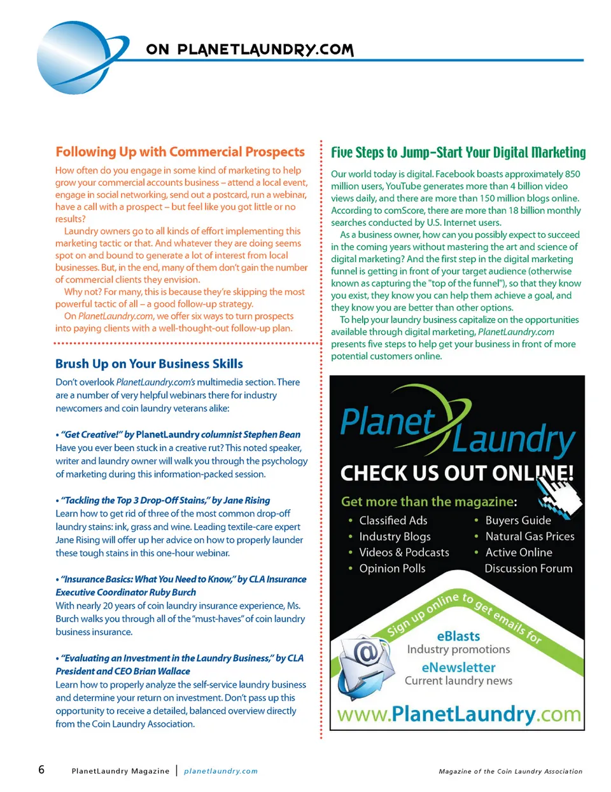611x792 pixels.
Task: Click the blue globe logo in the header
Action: (x=75, y=57)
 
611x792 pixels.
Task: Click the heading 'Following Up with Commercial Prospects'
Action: (x=180, y=152)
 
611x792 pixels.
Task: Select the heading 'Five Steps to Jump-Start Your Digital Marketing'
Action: (x=458, y=153)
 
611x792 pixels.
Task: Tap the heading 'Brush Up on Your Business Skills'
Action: (x=149, y=364)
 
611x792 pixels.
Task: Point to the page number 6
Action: (x=41, y=770)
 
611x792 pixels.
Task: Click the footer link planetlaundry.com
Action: (x=221, y=771)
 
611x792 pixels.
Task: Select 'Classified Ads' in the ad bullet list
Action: (x=393, y=520)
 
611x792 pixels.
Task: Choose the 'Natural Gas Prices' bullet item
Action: (x=530, y=536)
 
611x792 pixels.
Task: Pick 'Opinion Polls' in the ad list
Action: (x=392, y=568)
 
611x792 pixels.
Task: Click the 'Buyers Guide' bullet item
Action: (x=518, y=520)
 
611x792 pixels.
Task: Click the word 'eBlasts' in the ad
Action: (x=458, y=636)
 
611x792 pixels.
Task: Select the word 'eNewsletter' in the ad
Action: (x=458, y=667)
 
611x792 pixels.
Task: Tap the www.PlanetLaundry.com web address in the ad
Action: (x=458, y=714)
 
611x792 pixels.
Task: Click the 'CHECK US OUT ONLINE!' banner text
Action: (x=456, y=473)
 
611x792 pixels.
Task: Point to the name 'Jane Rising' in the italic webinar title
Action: (x=246, y=501)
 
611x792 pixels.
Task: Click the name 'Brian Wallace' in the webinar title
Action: (x=162, y=671)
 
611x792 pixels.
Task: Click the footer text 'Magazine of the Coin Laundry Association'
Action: (x=510, y=772)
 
